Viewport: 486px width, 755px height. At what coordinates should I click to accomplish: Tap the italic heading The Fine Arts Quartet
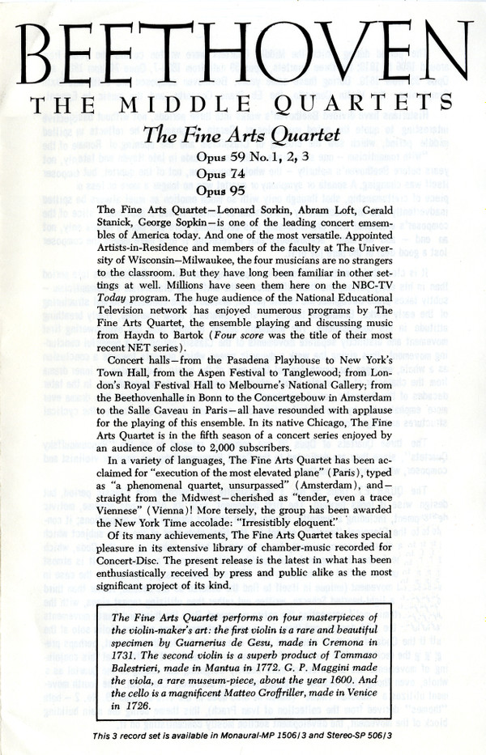[x=242, y=136]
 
